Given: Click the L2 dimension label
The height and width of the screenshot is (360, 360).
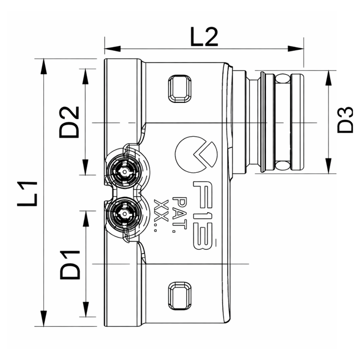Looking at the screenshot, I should click(204, 37).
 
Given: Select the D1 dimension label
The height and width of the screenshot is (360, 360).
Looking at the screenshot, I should click(70, 264).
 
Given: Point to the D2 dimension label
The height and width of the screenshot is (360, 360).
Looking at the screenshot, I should click(70, 122).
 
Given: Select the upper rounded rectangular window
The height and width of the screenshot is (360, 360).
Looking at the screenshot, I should click(179, 89).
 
